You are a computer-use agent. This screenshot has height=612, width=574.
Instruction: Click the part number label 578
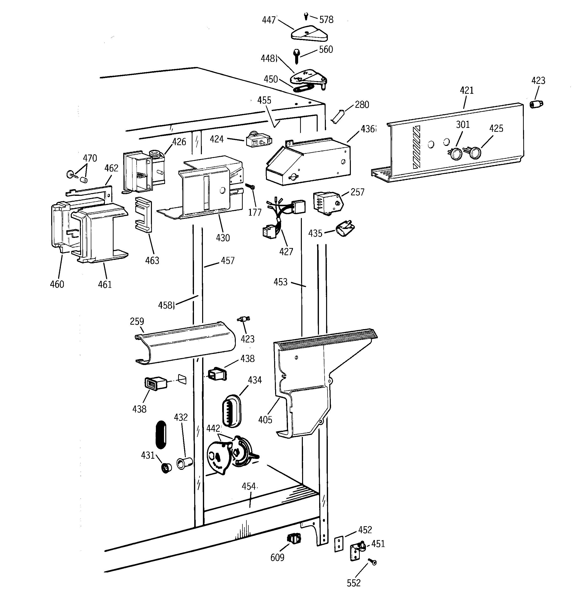(326, 20)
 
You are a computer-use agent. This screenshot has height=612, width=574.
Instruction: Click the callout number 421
(466, 90)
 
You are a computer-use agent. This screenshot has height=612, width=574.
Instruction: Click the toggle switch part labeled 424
(259, 141)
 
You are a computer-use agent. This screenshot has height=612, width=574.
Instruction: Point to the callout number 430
(222, 238)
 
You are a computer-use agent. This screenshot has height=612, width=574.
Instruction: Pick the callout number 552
(353, 583)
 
